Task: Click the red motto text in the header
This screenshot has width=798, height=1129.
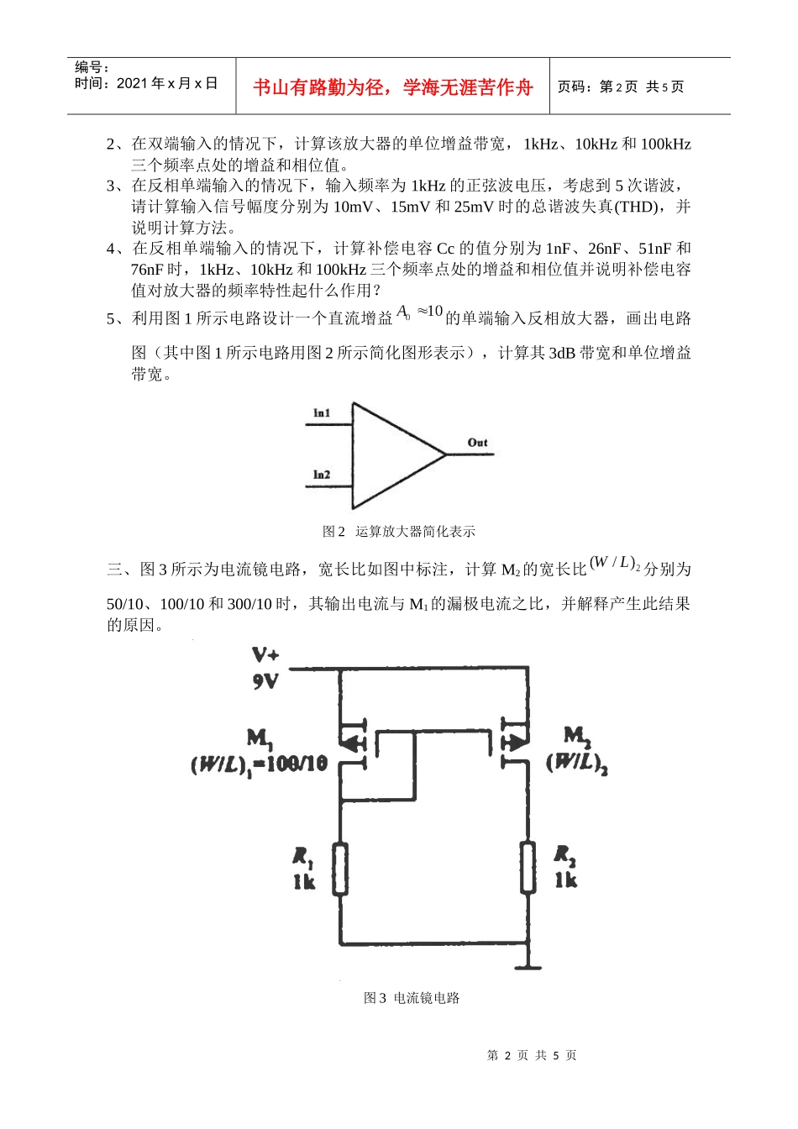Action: click(392, 87)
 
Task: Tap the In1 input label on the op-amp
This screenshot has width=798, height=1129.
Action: click(322, 412)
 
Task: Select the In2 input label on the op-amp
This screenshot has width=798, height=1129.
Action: click(322, 475)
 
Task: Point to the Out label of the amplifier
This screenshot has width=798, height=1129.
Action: click(477, 443)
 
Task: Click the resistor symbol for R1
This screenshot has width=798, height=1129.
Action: click(339, 869)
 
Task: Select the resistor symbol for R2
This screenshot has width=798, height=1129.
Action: click(528, 867)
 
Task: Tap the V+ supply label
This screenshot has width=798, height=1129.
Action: click(265, 654)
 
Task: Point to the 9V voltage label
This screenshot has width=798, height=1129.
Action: click(265, 681)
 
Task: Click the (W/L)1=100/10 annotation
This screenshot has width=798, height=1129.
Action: click(259, 765)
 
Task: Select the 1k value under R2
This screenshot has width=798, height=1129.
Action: click(565, 880)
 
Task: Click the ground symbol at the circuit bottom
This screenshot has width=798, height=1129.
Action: click(528, 964)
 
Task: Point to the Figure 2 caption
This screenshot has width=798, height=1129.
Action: click(399, 532)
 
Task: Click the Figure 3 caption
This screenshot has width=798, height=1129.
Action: click(412, 998)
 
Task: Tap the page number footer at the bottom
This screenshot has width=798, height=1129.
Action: click(532, 1055)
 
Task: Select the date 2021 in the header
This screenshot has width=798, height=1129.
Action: click(133, 83)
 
